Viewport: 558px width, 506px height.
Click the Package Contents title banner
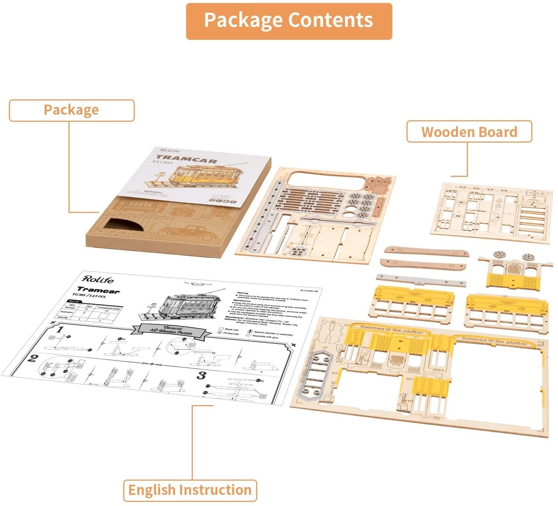[289, 21]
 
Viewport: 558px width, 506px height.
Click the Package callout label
[71, 110]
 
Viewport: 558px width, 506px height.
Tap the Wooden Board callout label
[469, 132]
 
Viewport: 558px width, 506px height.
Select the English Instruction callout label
[190, 490]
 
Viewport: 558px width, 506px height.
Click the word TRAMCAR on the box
[186, 160]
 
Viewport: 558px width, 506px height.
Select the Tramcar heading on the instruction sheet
[99, 290]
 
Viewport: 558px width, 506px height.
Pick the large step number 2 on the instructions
[33, 358]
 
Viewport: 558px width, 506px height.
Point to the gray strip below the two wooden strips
[421, 280]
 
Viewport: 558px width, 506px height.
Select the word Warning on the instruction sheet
[242, 293]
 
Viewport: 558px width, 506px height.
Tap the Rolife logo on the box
[168, 150]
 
